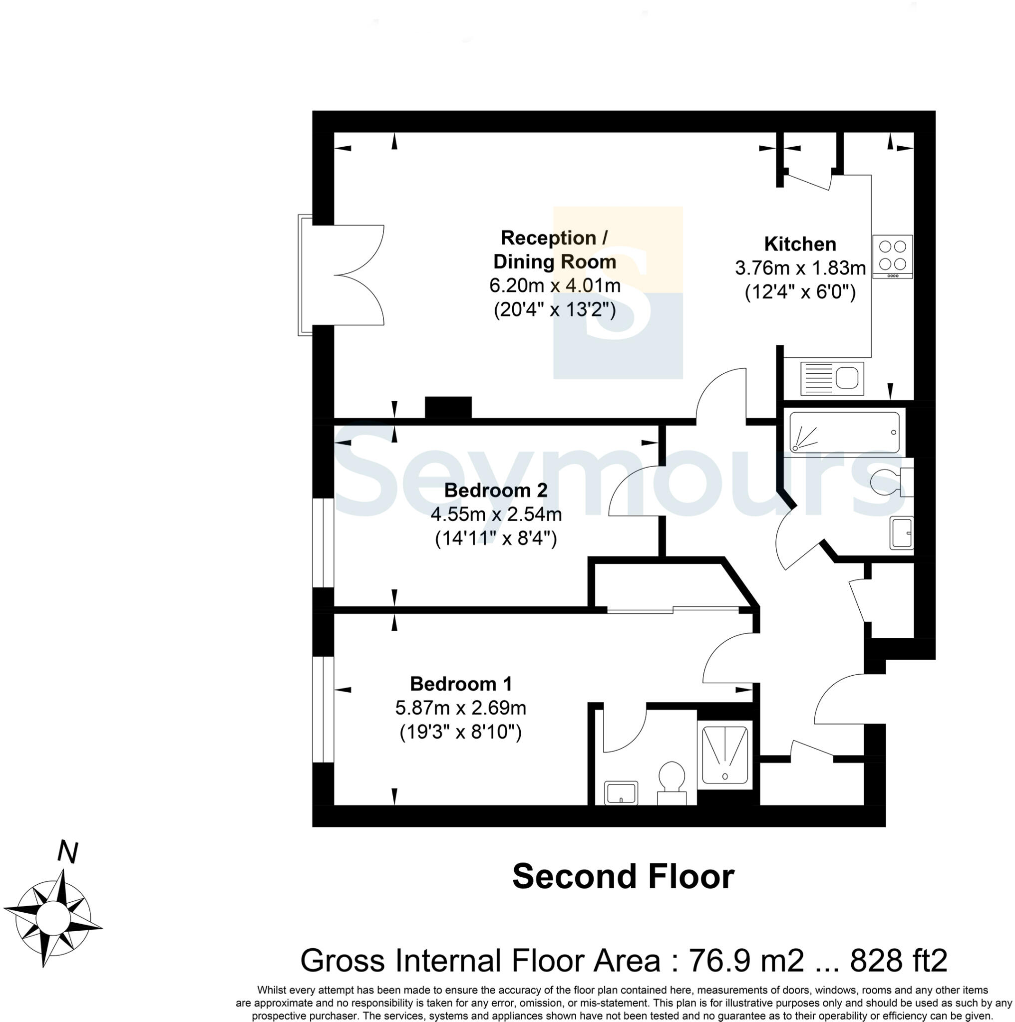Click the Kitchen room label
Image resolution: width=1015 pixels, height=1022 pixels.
pos(800,245)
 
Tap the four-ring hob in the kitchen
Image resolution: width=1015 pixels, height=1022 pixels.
pos(892,256)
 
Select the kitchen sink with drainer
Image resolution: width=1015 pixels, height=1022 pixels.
pos(832,378)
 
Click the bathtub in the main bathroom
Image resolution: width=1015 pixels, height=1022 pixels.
pos(844,432)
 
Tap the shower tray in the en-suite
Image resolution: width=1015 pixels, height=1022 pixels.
pos(724,755)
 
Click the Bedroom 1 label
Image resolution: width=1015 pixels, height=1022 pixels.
pos(460,684)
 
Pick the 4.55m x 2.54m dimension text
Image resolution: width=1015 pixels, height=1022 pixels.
pos(496,513)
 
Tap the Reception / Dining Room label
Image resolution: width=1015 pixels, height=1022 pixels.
pos(554,250)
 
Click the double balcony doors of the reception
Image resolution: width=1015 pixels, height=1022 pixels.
pos(349,274)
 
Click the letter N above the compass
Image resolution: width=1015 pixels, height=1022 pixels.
pos(67,852)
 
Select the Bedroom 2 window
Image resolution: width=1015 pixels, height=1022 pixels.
pos(323,542)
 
